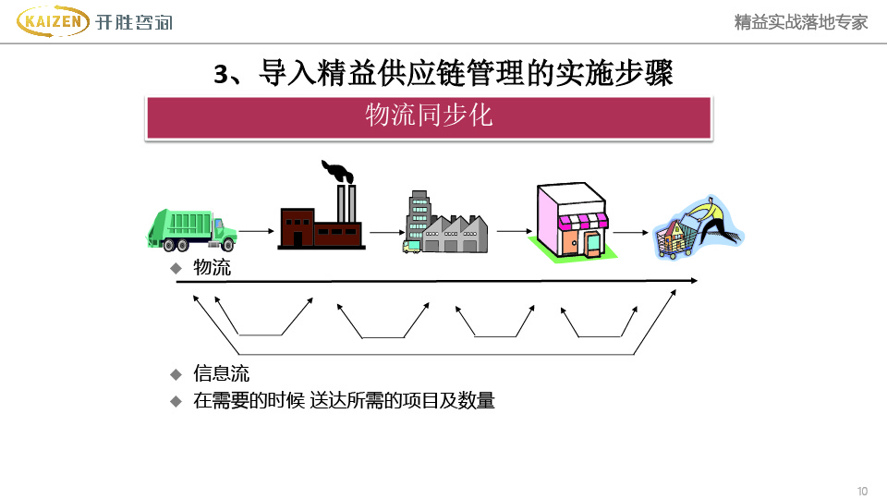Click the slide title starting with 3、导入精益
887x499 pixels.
(443, 73)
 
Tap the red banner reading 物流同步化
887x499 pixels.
(429, 116)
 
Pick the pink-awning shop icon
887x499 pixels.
(571, 223)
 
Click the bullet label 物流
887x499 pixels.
(212, 268)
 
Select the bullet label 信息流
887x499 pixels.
(221, 374)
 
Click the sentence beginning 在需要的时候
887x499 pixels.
(344, 401)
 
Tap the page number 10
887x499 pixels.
(862, 491)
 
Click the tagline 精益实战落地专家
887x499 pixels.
(800, 22)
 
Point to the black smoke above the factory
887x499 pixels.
(337, 171)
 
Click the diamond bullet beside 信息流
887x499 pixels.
(176, 374)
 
